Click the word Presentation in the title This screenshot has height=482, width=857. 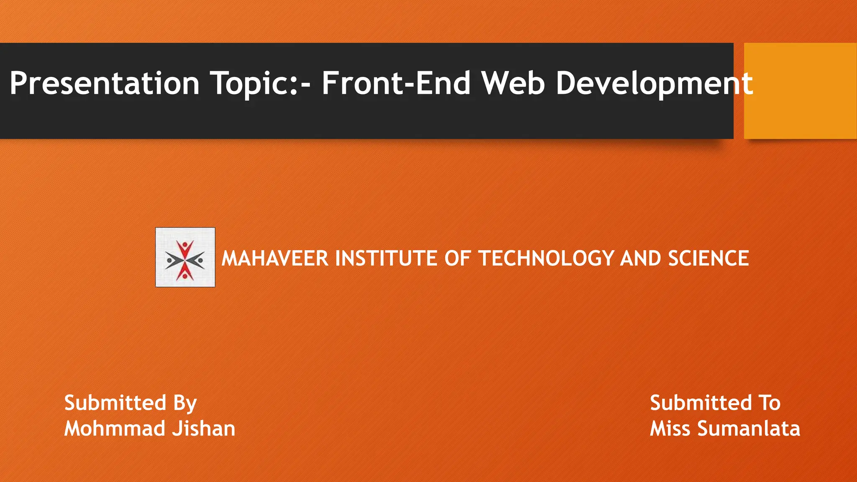(x=105, y=83)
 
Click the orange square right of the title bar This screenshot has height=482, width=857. (x=800, y=91)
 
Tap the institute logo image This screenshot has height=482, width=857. (x=185, y=257)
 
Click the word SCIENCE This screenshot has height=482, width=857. (x=708, y=258)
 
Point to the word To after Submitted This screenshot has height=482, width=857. (x=769, y=403)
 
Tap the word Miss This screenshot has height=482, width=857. (x=670, y=428)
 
